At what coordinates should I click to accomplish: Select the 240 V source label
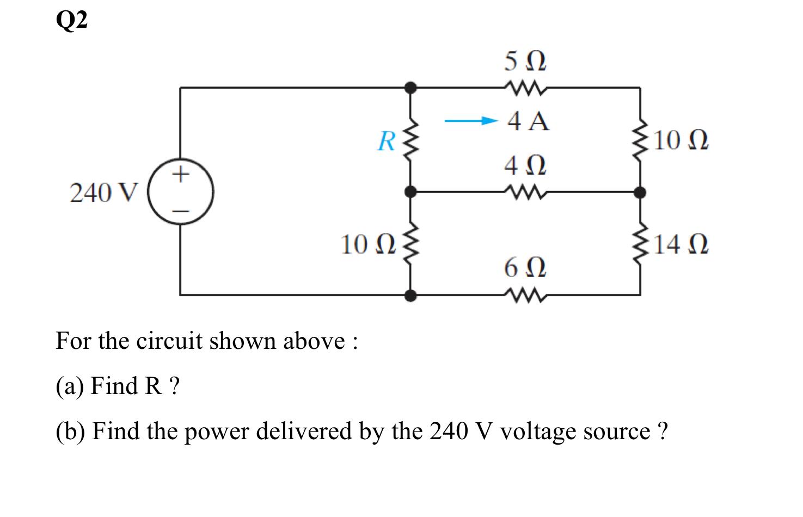104,193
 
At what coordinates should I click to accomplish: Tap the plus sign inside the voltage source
181,174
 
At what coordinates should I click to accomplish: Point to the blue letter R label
387,141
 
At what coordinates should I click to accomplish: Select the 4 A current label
528,121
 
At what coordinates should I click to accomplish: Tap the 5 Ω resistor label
525,61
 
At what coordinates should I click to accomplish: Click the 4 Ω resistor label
525,165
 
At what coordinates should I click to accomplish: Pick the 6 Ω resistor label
525,267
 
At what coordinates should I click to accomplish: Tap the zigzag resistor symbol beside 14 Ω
641,243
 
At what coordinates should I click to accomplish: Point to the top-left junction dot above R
412,87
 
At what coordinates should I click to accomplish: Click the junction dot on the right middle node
641,192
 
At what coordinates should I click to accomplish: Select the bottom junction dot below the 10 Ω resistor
412,295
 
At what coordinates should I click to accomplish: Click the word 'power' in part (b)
217,432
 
